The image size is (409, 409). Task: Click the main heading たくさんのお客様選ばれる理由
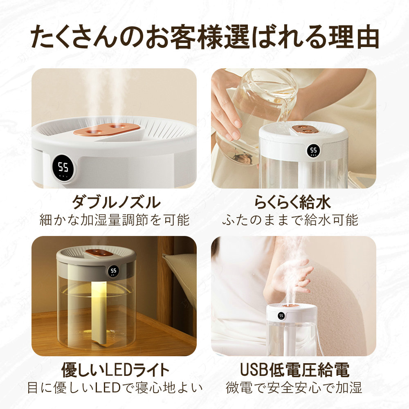point(205,37)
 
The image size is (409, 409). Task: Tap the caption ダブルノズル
point(116,202)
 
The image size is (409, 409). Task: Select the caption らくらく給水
point(293,202)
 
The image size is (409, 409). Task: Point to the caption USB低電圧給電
point(294,370)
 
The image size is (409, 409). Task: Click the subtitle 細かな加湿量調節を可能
point(114,220)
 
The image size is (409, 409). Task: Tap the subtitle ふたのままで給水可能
point(290,220)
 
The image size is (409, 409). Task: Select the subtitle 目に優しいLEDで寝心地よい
point(115,388)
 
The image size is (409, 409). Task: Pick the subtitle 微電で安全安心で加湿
point(294,388)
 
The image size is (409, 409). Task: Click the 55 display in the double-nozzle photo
point(63,168)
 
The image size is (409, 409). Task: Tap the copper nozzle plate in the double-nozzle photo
point(107,130)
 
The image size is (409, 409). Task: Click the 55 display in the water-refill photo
point(313,151)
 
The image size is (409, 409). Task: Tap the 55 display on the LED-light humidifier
point(113,271)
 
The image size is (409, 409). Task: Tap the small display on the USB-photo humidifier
point(281,316)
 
